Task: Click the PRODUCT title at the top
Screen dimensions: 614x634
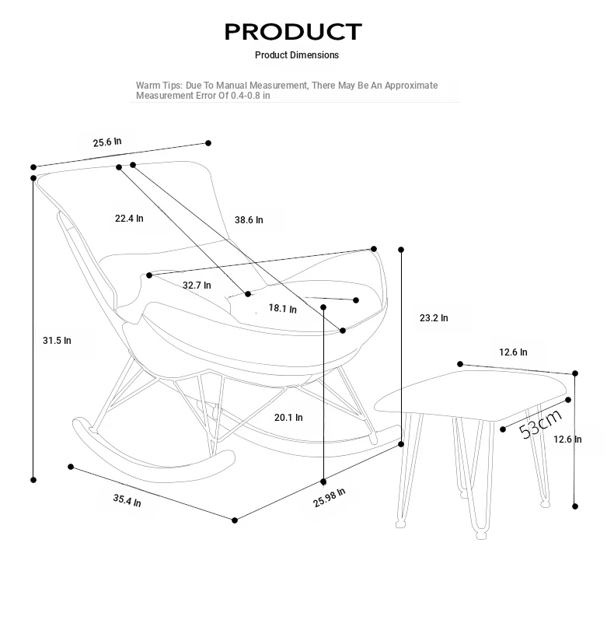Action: (293, 32)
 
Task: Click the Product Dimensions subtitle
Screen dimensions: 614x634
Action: (296, 55)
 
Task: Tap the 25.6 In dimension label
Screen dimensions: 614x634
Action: (107, 142)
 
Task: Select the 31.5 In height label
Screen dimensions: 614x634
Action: (57, 341)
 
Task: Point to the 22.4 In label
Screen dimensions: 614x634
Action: (129, 219)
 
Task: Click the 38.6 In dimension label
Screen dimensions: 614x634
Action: (249, 220)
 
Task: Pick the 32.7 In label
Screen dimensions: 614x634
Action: (197, 285)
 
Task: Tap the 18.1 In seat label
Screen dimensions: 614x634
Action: (283, 309)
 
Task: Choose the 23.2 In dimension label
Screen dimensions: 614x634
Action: (434, 318)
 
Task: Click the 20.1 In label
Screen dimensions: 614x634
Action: (288, 417)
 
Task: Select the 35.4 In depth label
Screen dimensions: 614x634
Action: (127, 500)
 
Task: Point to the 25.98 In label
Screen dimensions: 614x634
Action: (330, 497)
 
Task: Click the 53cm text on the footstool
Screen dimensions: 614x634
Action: (540, 424)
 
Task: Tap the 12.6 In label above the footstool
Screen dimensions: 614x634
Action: (513, 352)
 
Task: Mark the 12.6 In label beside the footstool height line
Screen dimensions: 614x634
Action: (567, 439)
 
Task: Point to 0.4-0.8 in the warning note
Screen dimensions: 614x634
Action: (246, 96)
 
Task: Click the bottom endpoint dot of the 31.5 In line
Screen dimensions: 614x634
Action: (33, 480)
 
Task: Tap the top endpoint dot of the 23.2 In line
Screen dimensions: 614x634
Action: (401, 250)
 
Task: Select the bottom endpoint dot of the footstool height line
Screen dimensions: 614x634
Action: (575, 506)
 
